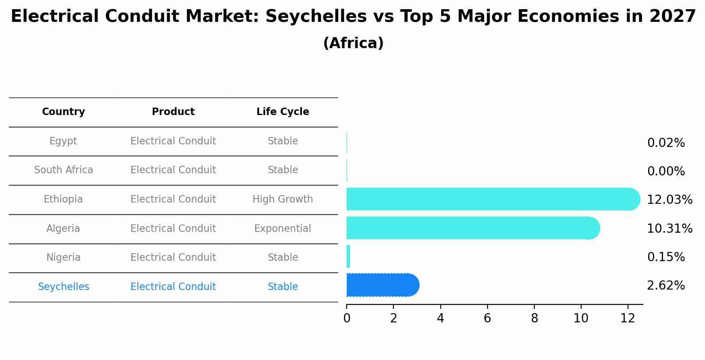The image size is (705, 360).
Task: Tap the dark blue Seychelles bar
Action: click(381, 285)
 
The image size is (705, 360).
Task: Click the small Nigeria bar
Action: click(348, 256)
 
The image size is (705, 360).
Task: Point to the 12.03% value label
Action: click(669, 200)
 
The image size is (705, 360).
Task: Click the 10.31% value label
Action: click(669, 229)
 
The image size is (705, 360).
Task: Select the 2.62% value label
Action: click(666, 286)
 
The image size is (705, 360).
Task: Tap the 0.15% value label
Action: click(666, 257)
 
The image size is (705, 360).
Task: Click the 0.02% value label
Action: click(666, 143)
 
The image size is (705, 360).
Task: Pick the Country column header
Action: click(63, 112)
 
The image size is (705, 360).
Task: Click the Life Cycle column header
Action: click(283, 112)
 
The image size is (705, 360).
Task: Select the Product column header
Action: click(173, 112)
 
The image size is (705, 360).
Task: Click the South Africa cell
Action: click(63, 170)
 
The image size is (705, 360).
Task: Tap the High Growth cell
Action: click(283, 199)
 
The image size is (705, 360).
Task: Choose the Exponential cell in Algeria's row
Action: click(283, 229)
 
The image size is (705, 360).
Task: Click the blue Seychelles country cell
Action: click(63, 287)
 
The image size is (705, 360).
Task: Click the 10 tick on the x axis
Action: click(581, 318)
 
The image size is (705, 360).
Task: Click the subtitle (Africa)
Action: click(353, 43)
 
